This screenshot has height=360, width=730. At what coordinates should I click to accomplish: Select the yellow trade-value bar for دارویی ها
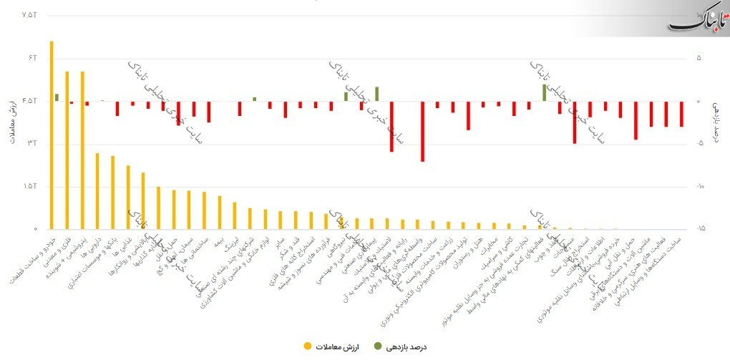97,191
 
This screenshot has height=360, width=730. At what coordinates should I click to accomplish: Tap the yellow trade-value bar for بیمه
220,213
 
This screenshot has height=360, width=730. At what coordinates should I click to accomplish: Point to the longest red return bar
422,131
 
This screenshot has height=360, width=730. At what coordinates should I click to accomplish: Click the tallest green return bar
544,92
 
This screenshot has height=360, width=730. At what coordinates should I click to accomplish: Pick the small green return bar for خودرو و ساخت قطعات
57,97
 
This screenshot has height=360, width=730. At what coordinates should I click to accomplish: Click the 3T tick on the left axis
31,144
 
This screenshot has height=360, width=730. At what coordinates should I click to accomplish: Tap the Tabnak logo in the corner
697,21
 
